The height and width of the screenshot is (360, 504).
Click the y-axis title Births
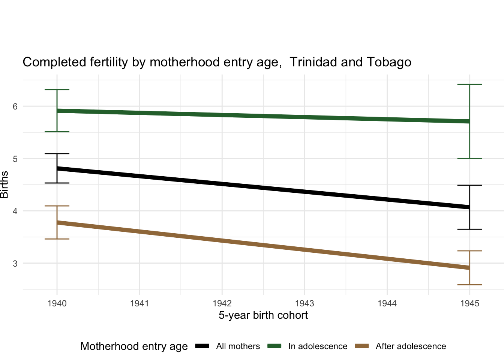point(4,184)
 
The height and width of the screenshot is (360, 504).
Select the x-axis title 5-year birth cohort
point(263,315)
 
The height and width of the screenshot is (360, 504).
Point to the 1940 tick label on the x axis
point(57,303)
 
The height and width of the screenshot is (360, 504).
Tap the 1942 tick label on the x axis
point(222,303)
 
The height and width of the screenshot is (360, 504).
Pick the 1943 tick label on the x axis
point(304,303)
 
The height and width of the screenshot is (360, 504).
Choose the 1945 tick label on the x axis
point(469,303)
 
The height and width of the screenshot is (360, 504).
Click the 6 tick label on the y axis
point(15,106)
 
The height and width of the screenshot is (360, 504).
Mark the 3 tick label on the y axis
point(15,264)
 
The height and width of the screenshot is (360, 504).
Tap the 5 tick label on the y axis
point(15,159)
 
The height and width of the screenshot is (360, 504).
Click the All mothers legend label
point(238,346)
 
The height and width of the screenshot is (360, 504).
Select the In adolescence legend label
point(318,346)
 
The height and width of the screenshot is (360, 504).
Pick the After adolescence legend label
point(411,346)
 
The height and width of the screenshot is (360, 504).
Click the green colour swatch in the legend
point(274,346)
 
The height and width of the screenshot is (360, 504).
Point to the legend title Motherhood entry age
point(134,346)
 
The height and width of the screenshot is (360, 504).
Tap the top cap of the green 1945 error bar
point(469,85)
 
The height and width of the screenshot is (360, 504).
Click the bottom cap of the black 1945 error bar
point(469,229)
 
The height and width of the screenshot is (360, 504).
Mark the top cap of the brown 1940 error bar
point(57,206)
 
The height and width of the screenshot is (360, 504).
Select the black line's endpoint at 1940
point(57,169)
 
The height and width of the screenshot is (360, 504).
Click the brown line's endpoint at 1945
point(469,268)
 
